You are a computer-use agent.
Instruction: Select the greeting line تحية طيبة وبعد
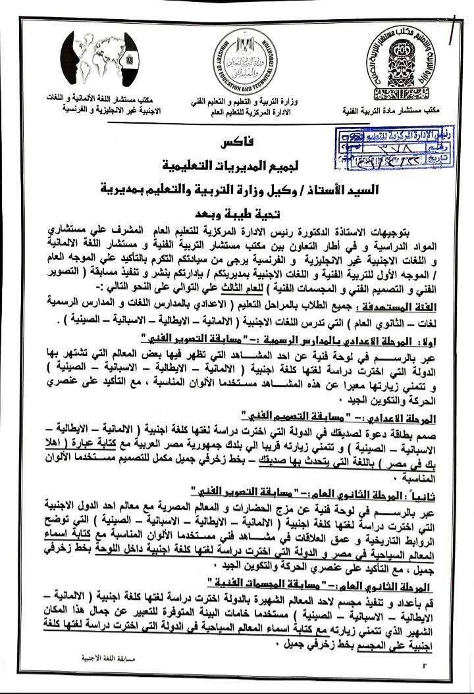click(x=237, y=214)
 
